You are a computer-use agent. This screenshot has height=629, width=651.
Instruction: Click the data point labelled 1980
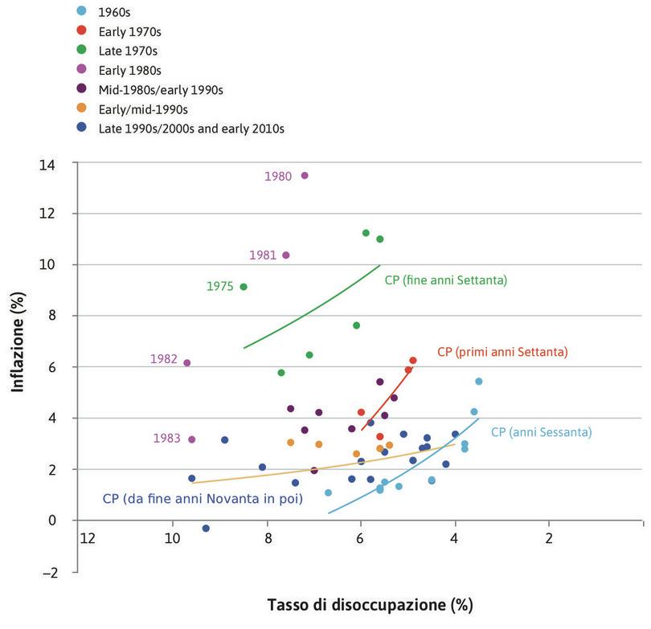305,175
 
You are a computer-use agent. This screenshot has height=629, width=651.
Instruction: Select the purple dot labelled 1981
285,255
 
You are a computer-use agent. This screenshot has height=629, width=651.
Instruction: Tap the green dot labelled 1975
244,287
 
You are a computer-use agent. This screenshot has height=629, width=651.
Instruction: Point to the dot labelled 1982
187,363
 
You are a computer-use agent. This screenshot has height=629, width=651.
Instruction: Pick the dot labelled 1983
192,439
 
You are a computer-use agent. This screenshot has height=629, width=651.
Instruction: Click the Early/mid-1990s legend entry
142,108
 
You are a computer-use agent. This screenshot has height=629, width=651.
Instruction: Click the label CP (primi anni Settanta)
502,352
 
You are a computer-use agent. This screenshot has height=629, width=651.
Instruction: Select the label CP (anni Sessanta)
540,432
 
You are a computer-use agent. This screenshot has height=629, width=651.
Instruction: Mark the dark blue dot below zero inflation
206,529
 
